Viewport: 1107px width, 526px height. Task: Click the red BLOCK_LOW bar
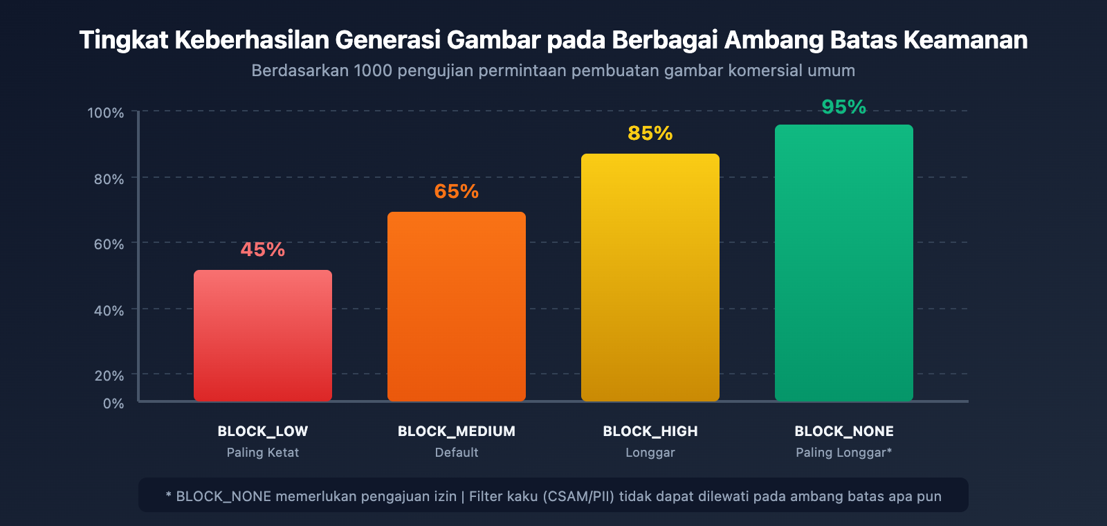263,336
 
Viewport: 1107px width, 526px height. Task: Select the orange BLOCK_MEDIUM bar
457,307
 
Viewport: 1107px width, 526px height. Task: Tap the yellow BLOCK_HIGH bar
650,278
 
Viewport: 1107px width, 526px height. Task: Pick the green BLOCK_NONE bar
844,263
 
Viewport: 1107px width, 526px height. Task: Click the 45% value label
263,249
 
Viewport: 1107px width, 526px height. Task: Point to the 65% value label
457,191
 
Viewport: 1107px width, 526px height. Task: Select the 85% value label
650,133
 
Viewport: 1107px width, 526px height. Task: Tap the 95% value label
844,107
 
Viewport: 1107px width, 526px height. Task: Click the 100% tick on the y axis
106,113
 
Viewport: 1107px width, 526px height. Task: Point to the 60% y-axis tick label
109,244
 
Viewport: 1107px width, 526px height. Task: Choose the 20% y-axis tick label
109,376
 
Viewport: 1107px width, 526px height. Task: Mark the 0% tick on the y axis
113,403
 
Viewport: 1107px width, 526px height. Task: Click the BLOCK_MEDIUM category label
457,431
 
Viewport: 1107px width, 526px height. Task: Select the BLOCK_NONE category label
844,431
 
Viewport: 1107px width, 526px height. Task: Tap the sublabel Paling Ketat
263,453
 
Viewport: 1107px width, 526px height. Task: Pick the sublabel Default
457,453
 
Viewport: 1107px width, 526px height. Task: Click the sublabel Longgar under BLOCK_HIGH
650,453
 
